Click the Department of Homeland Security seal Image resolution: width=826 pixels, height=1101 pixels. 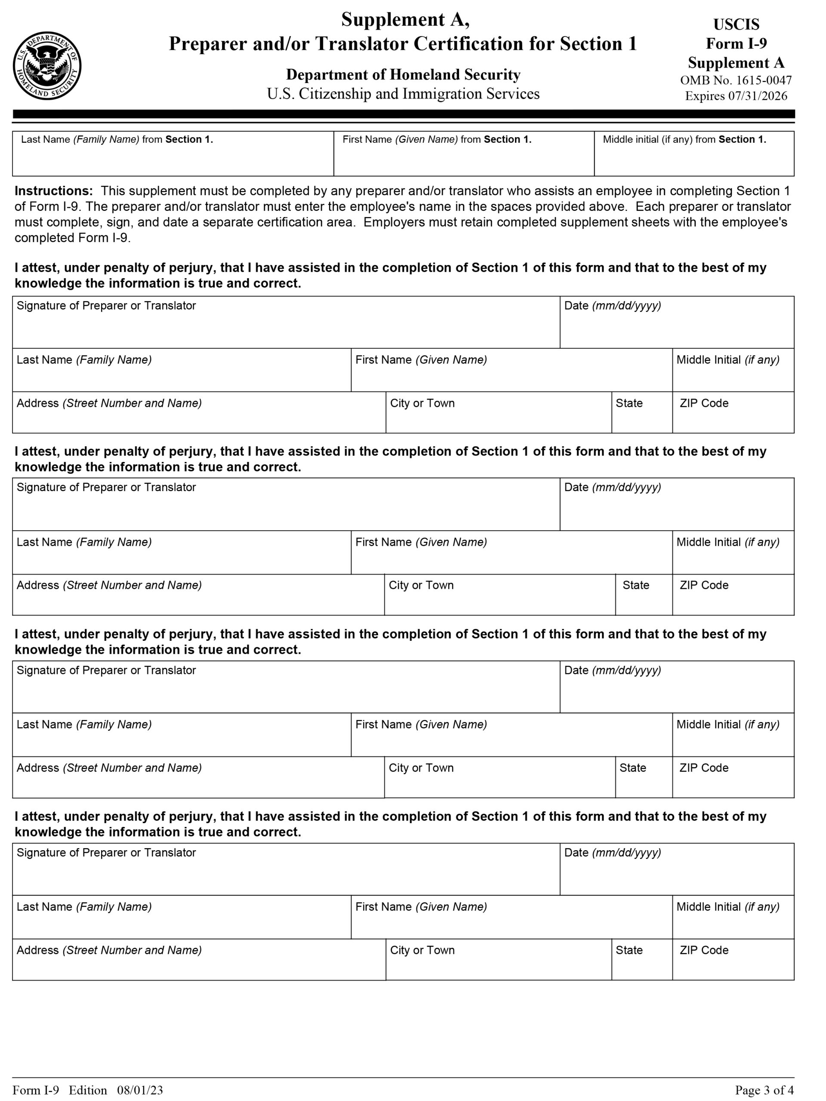[x=47, y=66]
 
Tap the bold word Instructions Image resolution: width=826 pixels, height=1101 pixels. [x=54, y=191]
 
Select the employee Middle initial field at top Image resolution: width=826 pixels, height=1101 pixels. [x=693, y=160]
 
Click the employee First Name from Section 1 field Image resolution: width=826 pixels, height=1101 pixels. [x=463, y=160]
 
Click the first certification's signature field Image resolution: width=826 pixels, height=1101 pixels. [x=286, y=329]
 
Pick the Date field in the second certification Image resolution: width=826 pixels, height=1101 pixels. [x=677, y=511]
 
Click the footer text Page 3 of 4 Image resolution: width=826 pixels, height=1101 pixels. [x=764, y=1091]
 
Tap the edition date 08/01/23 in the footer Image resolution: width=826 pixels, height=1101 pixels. [x=140, y=1091]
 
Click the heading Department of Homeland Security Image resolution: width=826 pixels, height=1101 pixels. [x=403, y=75]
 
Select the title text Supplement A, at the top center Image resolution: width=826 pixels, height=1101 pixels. [x=405, y=20]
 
